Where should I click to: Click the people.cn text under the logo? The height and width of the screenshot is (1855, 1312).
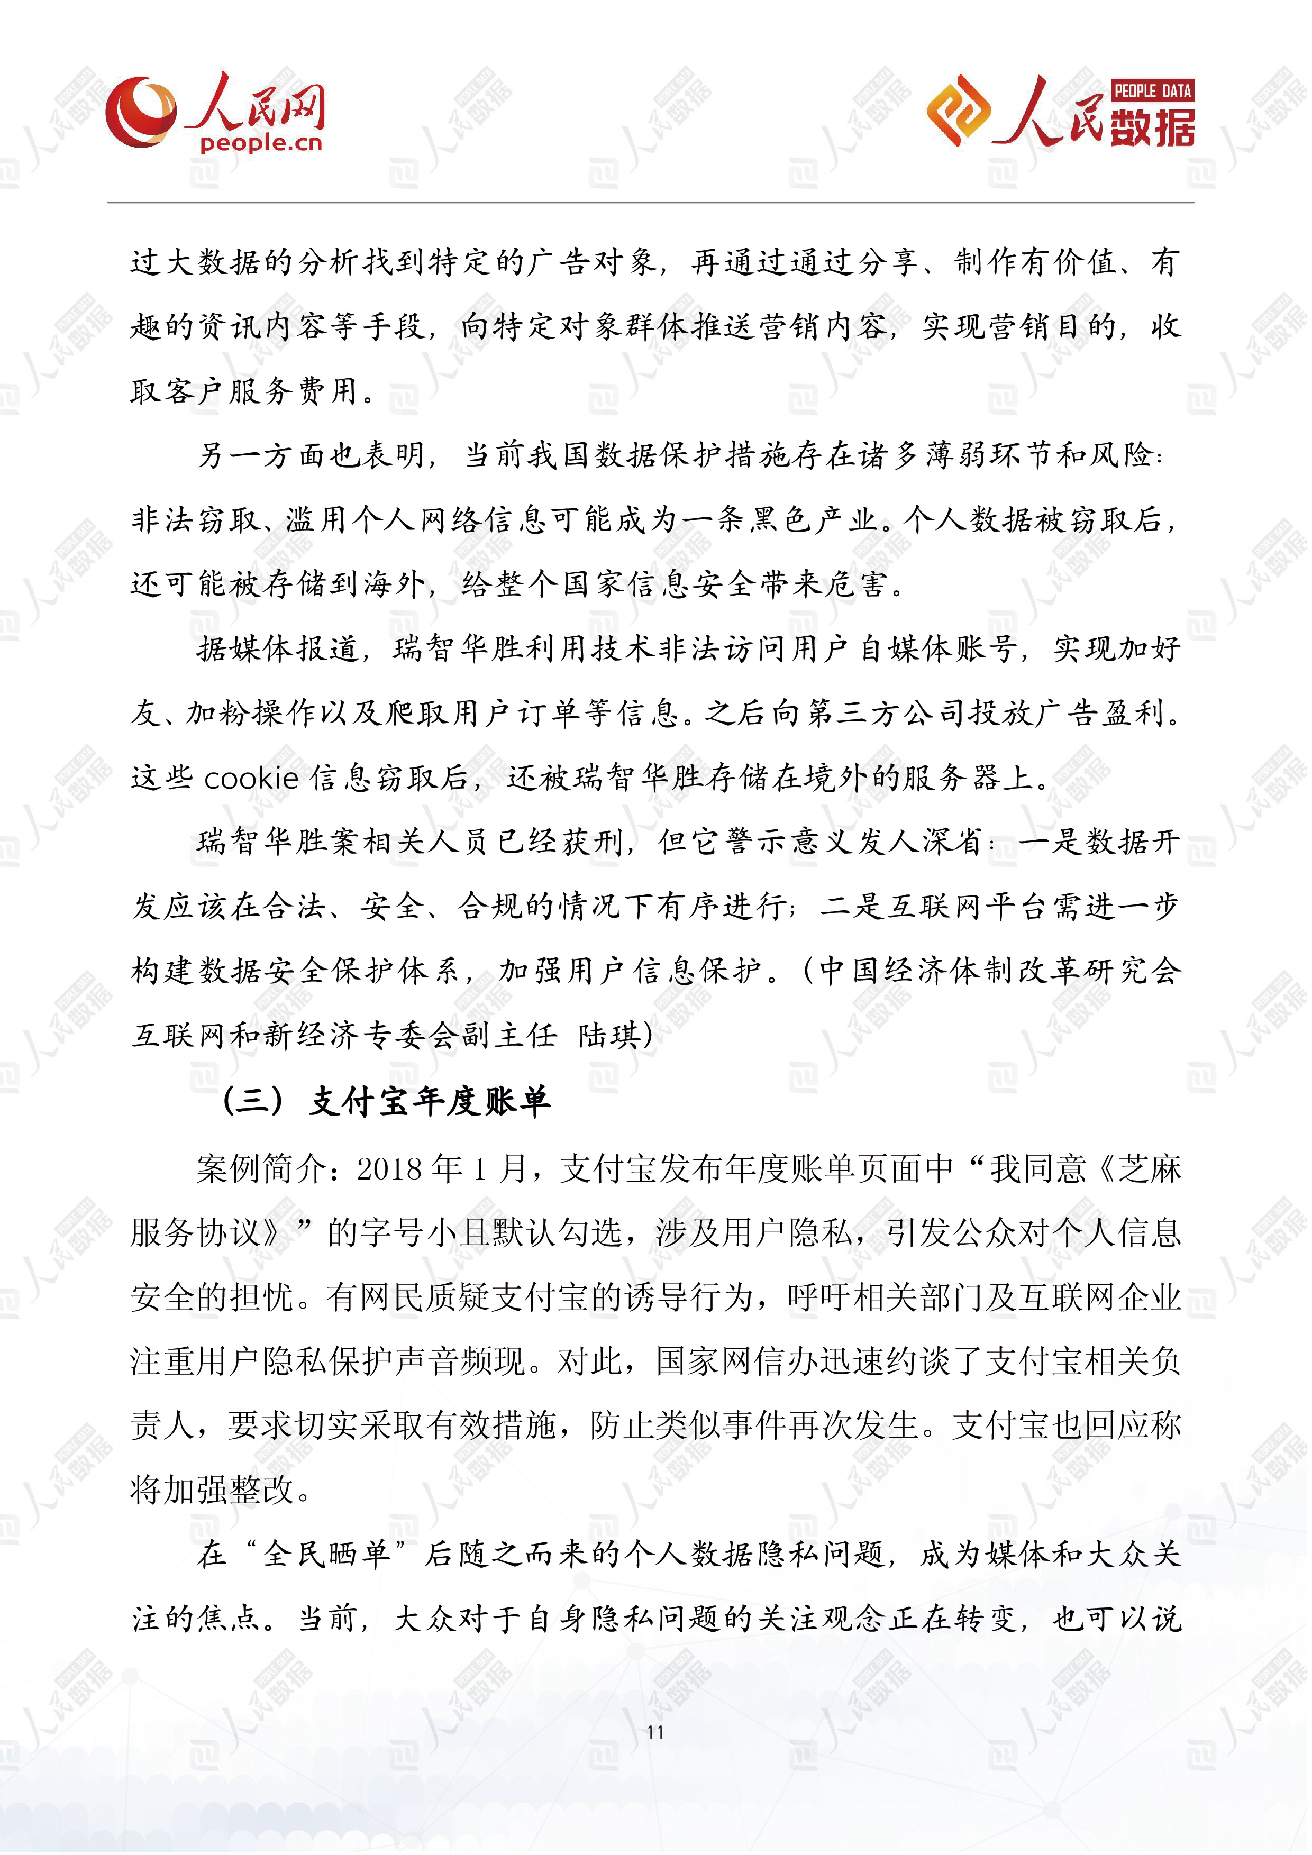tap(260, 144)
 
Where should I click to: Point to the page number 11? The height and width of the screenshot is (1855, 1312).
tap(655, 1731)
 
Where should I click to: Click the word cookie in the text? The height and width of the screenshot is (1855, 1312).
tap(251, 778)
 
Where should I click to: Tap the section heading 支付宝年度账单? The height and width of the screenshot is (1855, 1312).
tap(430, 1101)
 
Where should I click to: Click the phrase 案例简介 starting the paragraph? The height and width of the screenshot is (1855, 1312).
tap(262, 1168)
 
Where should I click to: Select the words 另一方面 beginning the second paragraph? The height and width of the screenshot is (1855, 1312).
tap(262, 455)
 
